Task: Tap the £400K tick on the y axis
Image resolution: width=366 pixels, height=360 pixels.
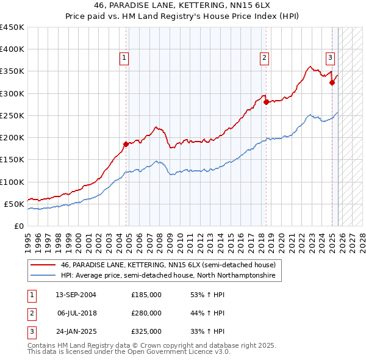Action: point(12,49)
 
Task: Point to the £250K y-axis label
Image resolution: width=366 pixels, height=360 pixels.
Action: point(12,115)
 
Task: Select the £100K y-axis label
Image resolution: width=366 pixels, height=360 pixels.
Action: point(12,182)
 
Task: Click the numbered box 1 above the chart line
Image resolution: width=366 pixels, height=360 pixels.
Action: point(124,58)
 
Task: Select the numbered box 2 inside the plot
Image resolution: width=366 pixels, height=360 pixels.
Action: point(264,58)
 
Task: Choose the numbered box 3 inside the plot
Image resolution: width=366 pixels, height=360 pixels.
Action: point(330,58)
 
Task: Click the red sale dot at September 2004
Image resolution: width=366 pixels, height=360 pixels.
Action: point(126,144)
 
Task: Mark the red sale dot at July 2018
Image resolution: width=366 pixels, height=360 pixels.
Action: point(266,102)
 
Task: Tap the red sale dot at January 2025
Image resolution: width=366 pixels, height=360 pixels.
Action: point(332,82)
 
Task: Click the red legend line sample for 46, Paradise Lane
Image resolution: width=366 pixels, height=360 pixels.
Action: point(42,265)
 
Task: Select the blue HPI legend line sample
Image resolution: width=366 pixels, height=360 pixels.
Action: point(42,276)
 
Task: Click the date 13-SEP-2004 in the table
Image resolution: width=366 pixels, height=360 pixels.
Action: point(76,295)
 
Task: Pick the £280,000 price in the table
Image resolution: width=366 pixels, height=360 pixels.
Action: point(146,313)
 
